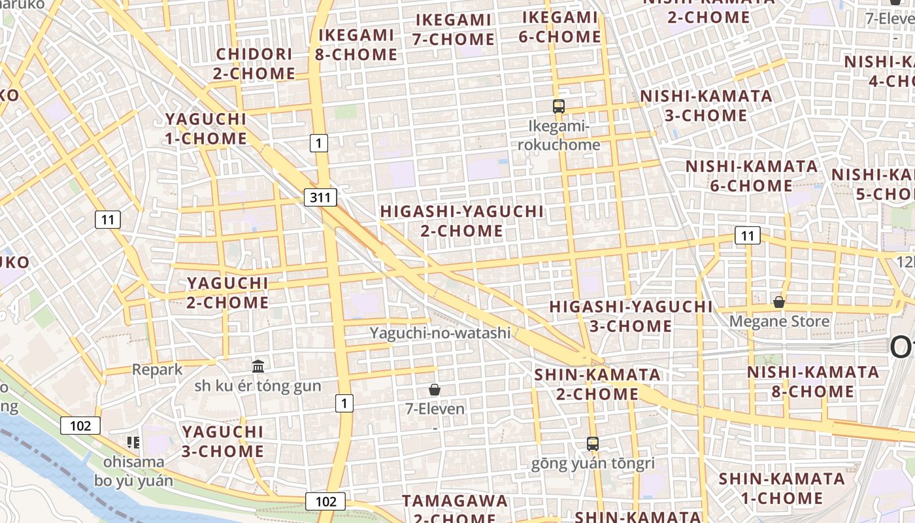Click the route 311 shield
click(x=320, y=197)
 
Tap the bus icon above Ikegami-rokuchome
click(x=559, y=107)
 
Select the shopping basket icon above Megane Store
click(x=778, y=302)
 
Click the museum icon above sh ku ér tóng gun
click(x=258, y=366)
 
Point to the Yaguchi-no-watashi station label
click(x=440, y=333)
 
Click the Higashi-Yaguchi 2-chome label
click(x=461, y=221)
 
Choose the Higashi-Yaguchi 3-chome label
click(x=631, y=316)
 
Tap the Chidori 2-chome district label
click(x=254, y=63)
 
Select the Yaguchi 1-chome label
click(x=206, y=129)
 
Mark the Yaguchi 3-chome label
click(x=223, y=441)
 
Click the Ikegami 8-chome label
click(x=356, y=44)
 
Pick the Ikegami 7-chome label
click(x=454, y=29)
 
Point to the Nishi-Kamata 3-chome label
click(x=706, y=106)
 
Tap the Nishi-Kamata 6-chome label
click(x=752, y=176)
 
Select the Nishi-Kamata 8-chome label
click(x=813, y=382)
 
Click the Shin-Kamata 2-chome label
click(x=597, y=384)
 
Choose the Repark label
click(x=158, y=369)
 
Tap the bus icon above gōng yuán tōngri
click(x=593, y=444)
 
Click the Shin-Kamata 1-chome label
click(x=782, y=488)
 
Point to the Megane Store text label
click(x=779, y=322)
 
